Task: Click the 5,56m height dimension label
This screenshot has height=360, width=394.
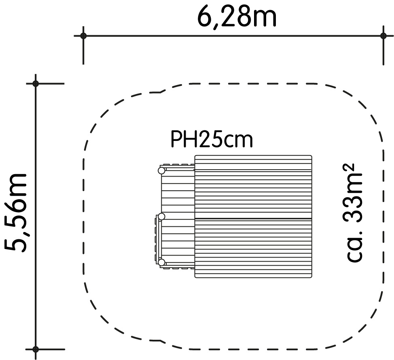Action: point(16,213)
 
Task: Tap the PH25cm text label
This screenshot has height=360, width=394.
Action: point(212,139)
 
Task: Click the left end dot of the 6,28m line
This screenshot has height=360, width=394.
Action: point(83,36)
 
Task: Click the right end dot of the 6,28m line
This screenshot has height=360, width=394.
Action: point(383,36)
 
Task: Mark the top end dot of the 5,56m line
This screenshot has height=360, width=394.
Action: point(36,83)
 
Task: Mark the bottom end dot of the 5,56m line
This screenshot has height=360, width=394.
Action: point(36,349)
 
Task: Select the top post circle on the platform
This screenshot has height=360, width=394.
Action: point(161,171)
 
